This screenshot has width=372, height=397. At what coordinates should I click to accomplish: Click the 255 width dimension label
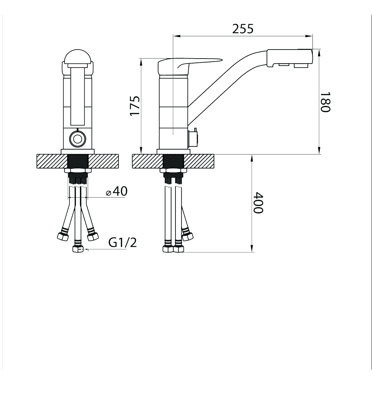[x=243, y=28]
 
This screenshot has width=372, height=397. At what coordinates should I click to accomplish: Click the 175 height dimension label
[x=135, y=106]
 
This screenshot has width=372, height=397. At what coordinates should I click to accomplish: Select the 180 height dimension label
[x=325, y=102]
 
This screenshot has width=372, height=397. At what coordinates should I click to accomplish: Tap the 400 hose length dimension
[x=258, y=203]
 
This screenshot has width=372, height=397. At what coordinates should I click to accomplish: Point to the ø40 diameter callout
[x=117, y=191]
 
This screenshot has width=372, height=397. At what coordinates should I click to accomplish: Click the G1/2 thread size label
[x=122, y=243]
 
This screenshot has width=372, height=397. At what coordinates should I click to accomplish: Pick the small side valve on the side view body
[x=193, y=139]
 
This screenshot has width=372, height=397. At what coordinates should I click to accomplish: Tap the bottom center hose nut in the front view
[x=77, y=249]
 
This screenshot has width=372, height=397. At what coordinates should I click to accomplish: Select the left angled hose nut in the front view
[x=63, y=237]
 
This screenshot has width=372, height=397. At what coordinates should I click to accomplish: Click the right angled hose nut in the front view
[x=92, y=237]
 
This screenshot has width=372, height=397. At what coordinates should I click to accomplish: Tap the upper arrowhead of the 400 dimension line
[x=252, y=158]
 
